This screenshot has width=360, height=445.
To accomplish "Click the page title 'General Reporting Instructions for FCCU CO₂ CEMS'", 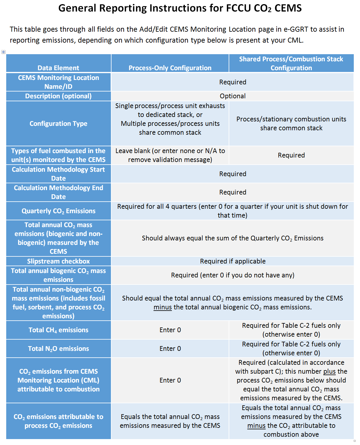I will (x=180, y=8).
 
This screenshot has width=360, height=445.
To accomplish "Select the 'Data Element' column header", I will (x=58, y=68).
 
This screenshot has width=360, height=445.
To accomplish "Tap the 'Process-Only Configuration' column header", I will (x=170, y=68).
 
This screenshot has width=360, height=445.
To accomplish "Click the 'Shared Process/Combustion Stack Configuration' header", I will (x=291, y=63).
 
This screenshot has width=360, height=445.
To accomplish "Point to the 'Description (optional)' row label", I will (x=58, y=96).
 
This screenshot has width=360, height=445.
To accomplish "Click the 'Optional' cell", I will (x=233, y=96).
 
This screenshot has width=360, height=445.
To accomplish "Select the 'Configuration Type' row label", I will (x=58, y=123).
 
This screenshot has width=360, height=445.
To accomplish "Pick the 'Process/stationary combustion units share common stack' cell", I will (x=291, y=123).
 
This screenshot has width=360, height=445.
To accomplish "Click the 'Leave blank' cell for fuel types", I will (x=170, y=155).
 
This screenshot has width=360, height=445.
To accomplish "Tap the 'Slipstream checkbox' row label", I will (x=58, y=261).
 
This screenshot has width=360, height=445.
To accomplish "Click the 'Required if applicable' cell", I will (x=233, y=261).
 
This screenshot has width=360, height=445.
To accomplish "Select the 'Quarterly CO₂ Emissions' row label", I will (x=58, y=211).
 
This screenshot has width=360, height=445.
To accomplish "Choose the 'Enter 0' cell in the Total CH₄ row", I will (x=170, y=330).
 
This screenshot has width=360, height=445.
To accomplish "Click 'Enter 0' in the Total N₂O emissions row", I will (x=170, y=348).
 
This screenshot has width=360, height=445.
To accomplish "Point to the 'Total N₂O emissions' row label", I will (x=58, y=348).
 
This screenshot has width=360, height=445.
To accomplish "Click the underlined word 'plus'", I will (x=329, y=371).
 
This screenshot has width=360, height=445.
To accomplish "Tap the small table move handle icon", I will (x=3, y=52).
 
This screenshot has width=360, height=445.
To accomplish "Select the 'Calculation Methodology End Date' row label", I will (x=58, y=192).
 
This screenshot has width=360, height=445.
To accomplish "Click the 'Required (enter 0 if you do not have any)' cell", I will (x=233, y=275).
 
